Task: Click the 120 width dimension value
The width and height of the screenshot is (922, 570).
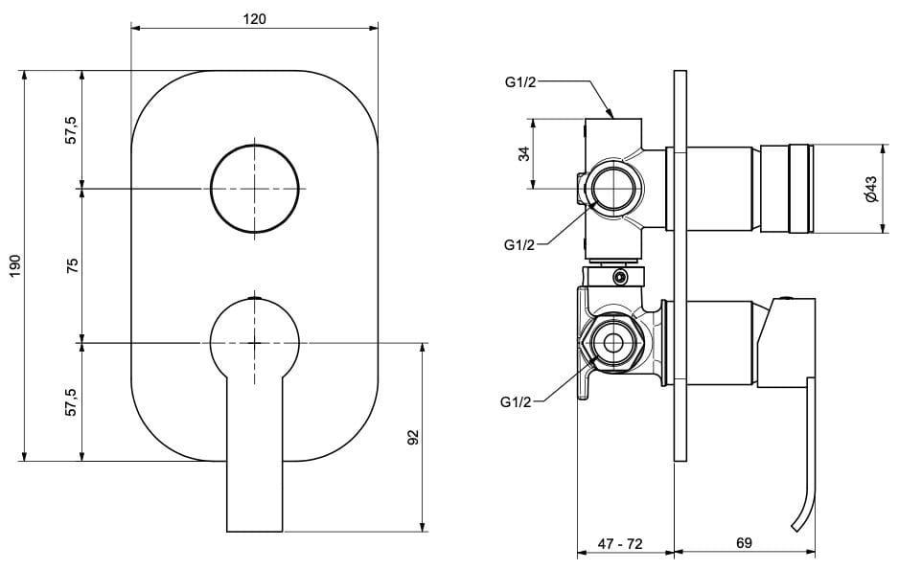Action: point(254,18)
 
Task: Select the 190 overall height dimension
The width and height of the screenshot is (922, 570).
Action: point(13,264)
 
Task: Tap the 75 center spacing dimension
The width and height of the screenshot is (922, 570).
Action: point(72,264)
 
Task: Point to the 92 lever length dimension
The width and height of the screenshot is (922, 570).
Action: point(413,437)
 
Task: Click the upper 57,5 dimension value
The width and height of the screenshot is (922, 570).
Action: point(72,129)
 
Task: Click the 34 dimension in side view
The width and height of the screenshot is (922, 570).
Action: point(524,153)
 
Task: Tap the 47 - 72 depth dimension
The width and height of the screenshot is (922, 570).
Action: point(620,543)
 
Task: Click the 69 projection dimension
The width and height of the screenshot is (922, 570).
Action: point(744,543)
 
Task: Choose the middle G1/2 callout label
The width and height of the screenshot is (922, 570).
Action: point(519,245)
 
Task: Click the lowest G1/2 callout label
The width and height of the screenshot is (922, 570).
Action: point(515,402)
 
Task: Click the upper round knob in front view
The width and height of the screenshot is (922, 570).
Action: point(254,189)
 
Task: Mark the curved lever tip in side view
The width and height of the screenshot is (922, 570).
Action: point(801,517)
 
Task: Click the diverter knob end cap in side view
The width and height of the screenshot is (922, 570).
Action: point(799,189)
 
